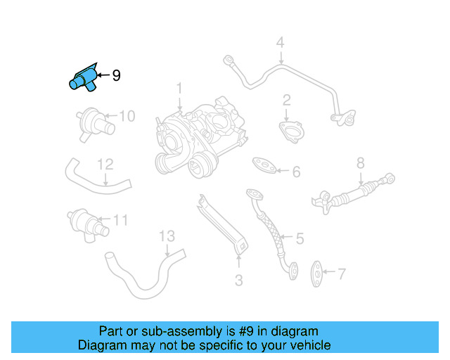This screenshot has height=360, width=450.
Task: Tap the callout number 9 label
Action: pyautogui.click(x=116, y=75)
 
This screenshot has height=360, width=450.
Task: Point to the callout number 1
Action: pyautogui.click(x=179, y=89)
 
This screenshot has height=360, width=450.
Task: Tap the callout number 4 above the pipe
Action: pyautogui.click(x=281, y=44)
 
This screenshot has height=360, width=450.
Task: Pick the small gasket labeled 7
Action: pyautogui.click(x=318, y=269)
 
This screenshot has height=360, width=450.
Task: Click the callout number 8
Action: pyautogui.click(x=360, y=163)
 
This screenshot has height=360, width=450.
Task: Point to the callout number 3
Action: pyautogui.click(x=238, y=281)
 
